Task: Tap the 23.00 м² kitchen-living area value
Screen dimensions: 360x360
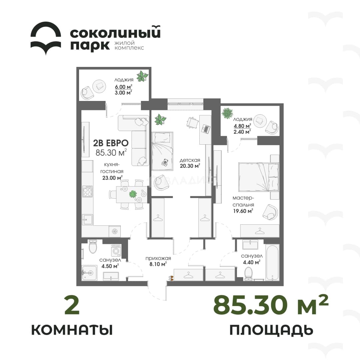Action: (x=112, y=177)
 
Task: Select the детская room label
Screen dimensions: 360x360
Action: (x=190, y=160)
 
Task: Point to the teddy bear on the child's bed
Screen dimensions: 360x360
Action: (x=164, y=162)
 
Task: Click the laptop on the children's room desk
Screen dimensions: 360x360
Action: (x=206, y=129)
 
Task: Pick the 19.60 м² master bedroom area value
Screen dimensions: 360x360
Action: (x=243, y=211)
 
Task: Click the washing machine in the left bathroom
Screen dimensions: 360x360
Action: (x=116, y=250)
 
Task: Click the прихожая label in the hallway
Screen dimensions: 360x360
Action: (x=158, y=258)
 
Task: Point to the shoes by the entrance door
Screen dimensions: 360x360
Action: (x=171, y=278)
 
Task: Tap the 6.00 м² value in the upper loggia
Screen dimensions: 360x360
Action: (x=123, y=87)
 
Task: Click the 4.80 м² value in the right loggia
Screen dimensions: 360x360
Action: (x=242, y=126)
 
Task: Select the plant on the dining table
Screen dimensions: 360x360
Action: (x=133, y=194)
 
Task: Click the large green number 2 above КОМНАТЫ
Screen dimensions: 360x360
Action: (x=72, y=306)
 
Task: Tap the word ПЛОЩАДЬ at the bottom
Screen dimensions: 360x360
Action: (x=271, y=330)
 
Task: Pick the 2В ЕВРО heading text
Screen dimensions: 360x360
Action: (x=111, y=143)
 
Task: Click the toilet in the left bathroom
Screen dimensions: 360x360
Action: (x=93, y=246)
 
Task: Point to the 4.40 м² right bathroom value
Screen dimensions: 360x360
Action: (x=252, y=262)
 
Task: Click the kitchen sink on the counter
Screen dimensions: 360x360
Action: (x=87, y=220)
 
